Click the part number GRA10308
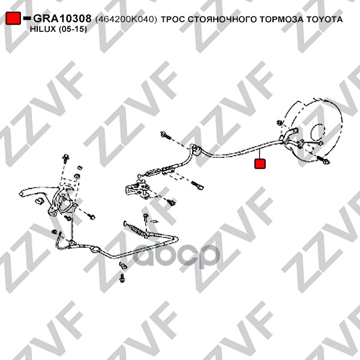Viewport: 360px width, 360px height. [62, 19]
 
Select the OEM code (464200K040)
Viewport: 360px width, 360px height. [126, 19]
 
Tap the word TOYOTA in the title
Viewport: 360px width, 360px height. [324, 19]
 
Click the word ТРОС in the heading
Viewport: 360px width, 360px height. [173, 19]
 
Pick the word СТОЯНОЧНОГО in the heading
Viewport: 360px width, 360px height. [222, 19]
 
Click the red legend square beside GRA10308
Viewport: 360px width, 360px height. [13, 18]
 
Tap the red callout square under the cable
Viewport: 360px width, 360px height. [260, 163]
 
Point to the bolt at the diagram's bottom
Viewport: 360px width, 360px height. [122, 278]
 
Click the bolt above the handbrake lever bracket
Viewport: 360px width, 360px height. [65, 158]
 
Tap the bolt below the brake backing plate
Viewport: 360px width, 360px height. [323, 160]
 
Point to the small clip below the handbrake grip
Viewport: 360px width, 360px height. [40, 202]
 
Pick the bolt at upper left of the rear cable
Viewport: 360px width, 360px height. [166, 135]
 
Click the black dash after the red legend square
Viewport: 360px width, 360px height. [27, 18]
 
